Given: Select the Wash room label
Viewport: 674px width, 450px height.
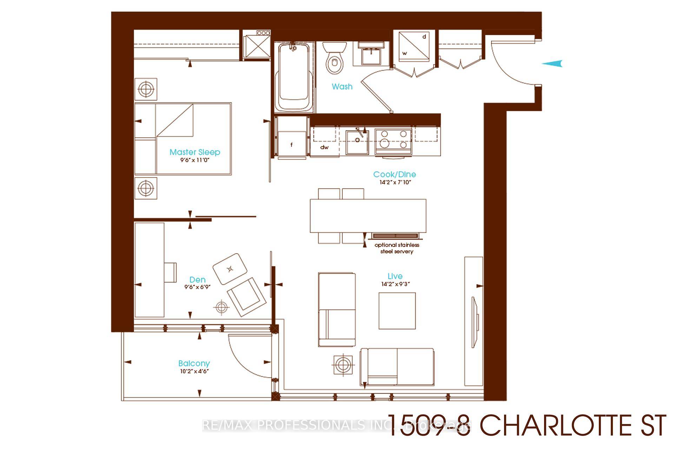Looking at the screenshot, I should pos(342,86).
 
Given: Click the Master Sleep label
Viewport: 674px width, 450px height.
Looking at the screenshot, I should pos(195,152).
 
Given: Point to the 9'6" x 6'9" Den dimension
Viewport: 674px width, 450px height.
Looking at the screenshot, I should pos(197,287).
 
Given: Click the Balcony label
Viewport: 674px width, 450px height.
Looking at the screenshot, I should pos(194,364).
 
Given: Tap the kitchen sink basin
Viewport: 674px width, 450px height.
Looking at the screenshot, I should pos(357,142).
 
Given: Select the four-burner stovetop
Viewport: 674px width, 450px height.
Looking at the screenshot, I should pos(393,139).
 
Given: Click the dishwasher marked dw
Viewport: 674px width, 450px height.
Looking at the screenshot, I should pos(324,147).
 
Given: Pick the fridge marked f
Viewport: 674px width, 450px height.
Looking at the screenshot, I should pos(291,145).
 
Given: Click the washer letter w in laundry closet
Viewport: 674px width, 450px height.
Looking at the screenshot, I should pos(405,53).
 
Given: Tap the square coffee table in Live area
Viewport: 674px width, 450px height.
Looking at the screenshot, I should pos(397,311).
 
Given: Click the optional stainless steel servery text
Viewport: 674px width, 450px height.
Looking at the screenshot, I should pos(397,248).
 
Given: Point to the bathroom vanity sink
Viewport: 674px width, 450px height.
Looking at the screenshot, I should pos(371,55).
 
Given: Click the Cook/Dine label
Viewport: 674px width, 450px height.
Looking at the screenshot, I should pos(394,174).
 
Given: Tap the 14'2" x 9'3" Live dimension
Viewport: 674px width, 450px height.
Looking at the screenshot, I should pos(395,284).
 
